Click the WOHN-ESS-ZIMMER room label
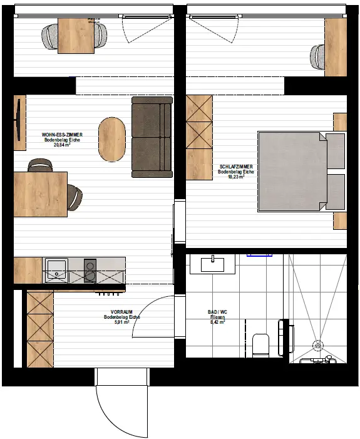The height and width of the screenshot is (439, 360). coord(61,134)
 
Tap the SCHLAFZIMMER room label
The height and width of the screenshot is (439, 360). coord(236,166)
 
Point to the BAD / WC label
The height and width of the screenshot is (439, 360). coord(217,312)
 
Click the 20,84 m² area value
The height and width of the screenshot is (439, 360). coord(61,145)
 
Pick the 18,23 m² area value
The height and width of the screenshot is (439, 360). coord(236,177)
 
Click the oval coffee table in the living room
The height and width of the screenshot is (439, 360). coord(113,138)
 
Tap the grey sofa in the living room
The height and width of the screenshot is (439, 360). coord(152,136)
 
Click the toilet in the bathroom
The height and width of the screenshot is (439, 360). coord(260,344)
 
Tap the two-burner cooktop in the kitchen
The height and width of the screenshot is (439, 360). coord(90,271)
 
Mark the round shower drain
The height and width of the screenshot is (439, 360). coord(317,343)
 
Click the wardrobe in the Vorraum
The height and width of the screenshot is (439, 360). coord(39,329)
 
